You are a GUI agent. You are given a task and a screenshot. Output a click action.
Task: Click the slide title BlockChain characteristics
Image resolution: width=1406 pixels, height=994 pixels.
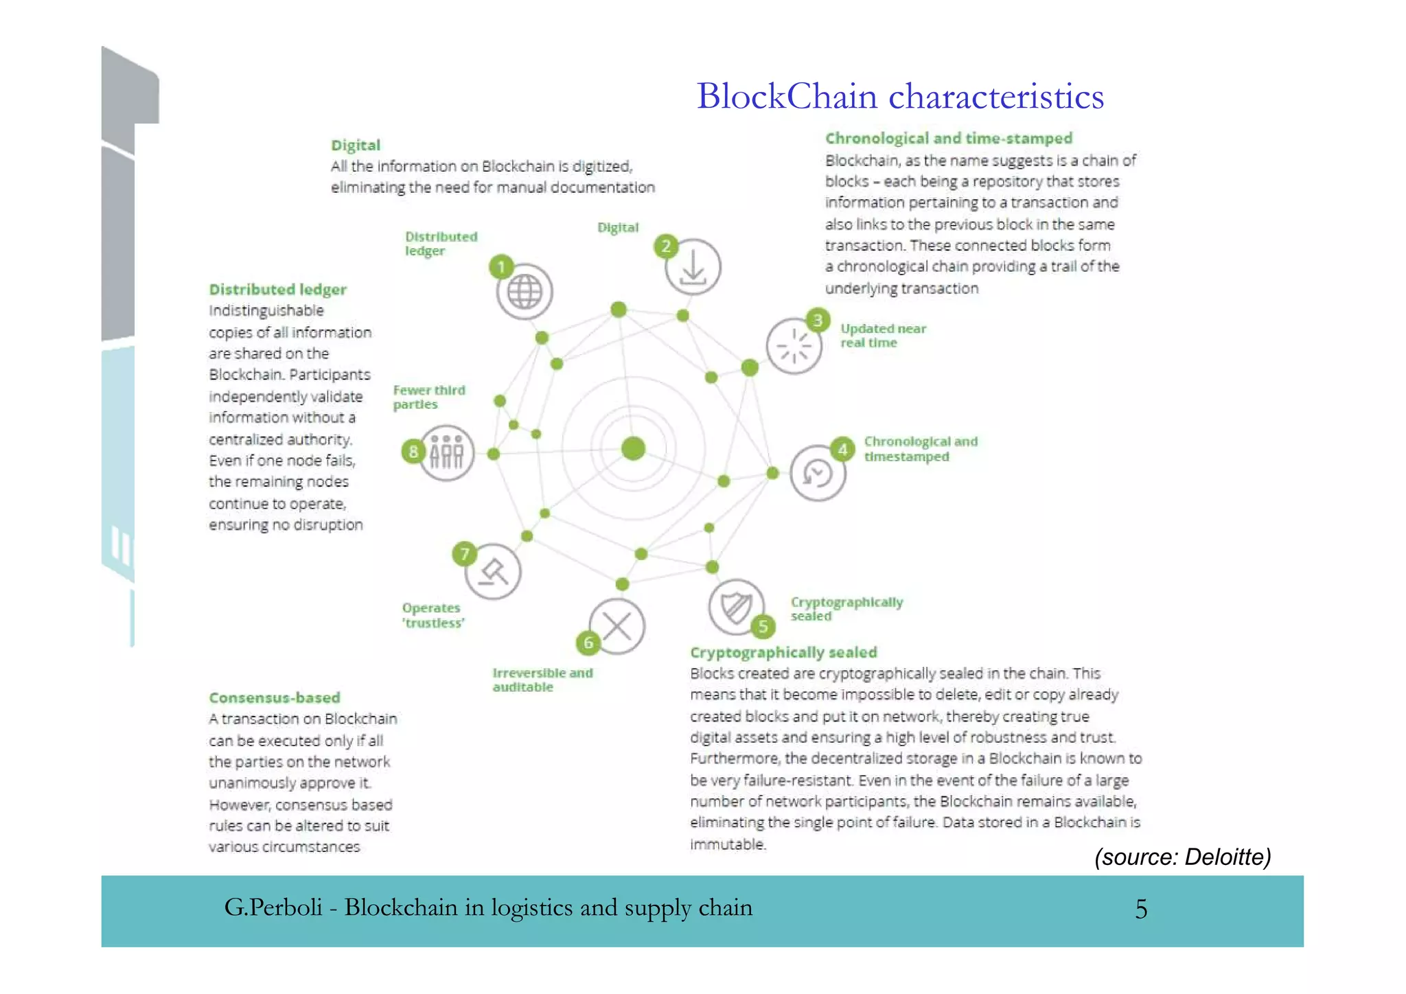pos(900,96)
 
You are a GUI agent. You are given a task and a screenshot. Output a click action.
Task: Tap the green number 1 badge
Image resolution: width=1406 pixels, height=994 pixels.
pos(501,266)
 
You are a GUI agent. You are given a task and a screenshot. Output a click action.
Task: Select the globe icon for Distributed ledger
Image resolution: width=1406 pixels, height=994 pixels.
pos(525,292)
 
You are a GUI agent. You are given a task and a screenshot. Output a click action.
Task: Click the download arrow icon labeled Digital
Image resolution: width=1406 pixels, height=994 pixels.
pos(693,268)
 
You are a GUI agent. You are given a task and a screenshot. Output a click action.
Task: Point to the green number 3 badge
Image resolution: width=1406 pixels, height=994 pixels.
pos(817,320)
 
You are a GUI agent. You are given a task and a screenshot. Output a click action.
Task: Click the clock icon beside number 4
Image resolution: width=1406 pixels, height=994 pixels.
pos(817,473)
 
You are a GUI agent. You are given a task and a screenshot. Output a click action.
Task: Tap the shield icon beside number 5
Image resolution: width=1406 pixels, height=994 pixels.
pos(735,607)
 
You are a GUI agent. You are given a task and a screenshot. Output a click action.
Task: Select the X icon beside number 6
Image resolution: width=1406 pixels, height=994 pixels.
pos(616,626)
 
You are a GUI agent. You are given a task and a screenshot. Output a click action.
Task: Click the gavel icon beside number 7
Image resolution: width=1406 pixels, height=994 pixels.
pos(493,572)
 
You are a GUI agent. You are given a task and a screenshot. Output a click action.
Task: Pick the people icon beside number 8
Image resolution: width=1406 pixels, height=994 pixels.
pos(447,453)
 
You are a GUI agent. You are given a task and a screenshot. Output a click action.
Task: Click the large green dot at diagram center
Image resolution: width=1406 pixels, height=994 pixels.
pos(633,448)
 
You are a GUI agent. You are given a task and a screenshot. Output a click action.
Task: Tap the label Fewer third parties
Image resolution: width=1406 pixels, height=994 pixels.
pos(428,397)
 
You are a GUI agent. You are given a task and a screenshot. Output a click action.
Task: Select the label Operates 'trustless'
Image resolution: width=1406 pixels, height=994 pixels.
pos(433,615)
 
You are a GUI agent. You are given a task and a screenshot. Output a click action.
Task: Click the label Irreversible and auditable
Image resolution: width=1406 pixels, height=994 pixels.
pos(542,680)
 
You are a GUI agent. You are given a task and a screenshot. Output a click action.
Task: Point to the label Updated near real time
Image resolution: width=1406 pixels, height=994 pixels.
pos(883,336)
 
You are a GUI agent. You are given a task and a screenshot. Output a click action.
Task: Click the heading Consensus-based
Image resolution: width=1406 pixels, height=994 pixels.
pos(275,697)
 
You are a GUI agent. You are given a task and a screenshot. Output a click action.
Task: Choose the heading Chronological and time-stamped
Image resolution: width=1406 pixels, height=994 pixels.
pos(948,138)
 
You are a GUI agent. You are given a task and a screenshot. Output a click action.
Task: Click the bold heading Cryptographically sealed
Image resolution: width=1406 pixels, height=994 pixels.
pos(783,652)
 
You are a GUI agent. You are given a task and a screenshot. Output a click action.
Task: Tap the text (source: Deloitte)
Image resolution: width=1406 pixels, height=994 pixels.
pos(1182,857)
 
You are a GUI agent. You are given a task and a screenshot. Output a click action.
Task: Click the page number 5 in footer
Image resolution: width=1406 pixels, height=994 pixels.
pos(1141,909)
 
